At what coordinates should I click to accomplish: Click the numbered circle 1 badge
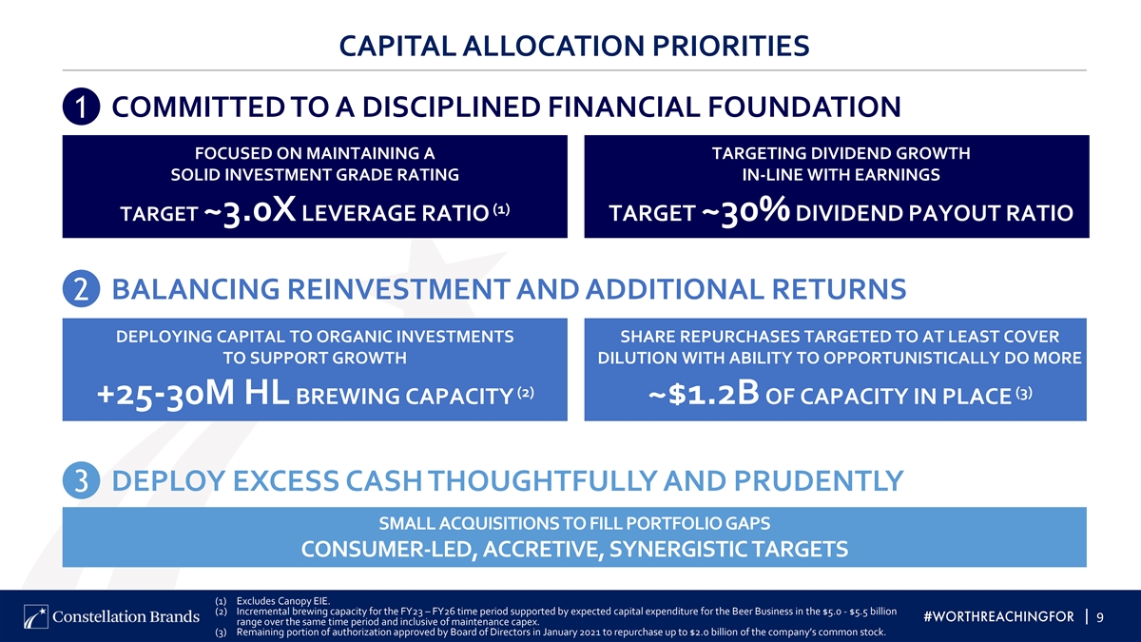(81, 107)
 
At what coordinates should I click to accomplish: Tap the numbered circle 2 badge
(81, 288)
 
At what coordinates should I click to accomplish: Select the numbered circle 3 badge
(81, 480)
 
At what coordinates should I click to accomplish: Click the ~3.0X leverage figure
(249, 210)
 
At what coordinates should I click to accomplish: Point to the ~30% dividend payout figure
(745, 210)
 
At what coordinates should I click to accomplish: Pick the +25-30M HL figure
(192, 394)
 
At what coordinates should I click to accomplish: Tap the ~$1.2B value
(704, 394)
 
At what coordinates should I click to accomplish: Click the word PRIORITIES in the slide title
(731, 46)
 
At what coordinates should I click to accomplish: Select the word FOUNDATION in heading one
(804, 107)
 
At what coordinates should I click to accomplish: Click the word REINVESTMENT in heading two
(398, 289)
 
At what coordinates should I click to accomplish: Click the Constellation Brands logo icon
(35, 617)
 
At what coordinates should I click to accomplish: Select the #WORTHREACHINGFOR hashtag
(999, 617)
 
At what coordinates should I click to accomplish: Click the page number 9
(1100, 617)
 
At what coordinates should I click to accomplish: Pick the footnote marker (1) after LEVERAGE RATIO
(501, 209)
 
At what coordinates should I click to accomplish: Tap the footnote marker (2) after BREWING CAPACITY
(526, 393)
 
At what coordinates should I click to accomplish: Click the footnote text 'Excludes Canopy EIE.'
(283, 601)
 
